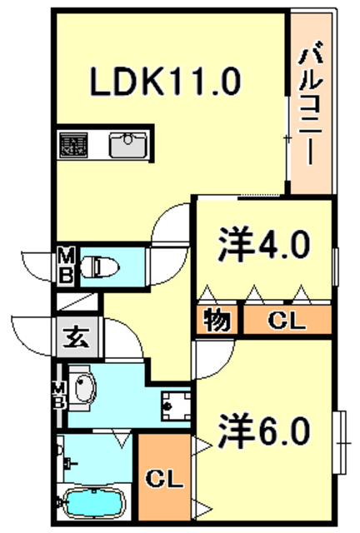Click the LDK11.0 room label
click(165, 82)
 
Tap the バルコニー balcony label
click(310, 102)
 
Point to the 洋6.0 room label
click(264, 431)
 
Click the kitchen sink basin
click(128, 145)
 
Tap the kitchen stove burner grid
click(73, 145)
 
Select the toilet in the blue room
click(99, 266)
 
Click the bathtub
click(94, 503)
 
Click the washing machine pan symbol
click(176, 406)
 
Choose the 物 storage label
click(217, 320)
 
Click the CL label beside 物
click(287, 320)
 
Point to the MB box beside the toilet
click(66, 265)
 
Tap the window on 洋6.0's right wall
click(342, 442)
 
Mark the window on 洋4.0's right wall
click(336, 266)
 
